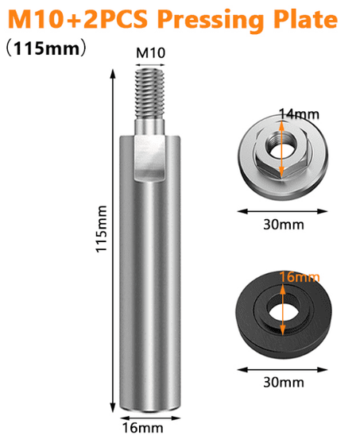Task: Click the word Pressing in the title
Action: click(211, 21)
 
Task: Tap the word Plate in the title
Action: click(306, 18)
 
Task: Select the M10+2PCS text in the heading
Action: click(78, 19)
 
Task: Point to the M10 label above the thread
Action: click(150, 53)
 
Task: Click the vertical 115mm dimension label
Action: click(102, 229)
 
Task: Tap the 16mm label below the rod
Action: click(142, 428)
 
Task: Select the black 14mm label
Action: click(299, 114)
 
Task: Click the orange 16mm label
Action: click(300, 277)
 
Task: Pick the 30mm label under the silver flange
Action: click(284, 225)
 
